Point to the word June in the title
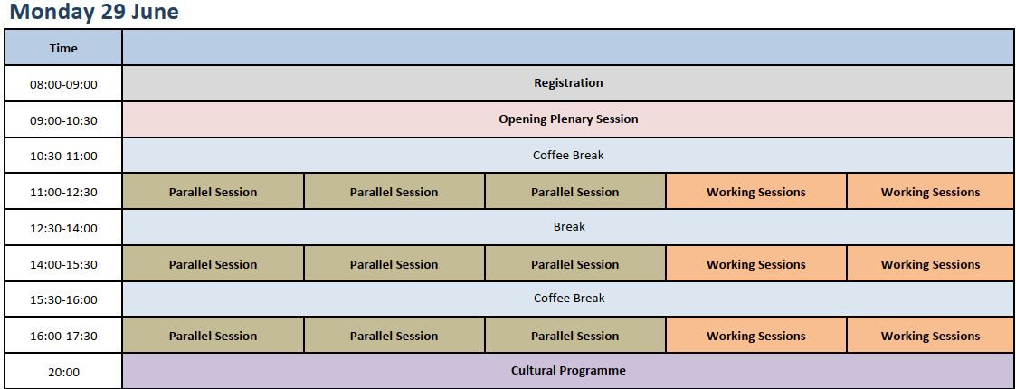pyautogui.click(x=156, y=12)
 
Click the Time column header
pyautogui.click(x=63, y=48)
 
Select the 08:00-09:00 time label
pyautogui.click(x=63, y=84)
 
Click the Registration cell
pyautogui.click(x=568, y=83)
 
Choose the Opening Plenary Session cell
pyautogui.click(x=568, y=119)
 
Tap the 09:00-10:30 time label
pyautogui.click(x=63, y=120)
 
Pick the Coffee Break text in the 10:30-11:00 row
pyautogui.click(x=568, y=156)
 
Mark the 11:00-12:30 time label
pyautogui.click(x=63, y=193)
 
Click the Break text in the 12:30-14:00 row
pyautogui.click(x=569, y=227)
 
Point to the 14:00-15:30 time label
pyautogui.click(x=63, y=264)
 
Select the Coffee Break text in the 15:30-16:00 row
pyautogui.click(x=569, y=299)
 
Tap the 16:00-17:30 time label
pyautogui.click(x=63, y=337)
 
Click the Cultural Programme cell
pyautogui.click(x=568, y=371)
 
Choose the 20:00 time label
pyautogui.click(x=63, y=373)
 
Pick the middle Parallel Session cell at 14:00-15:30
pyautogui.click(x=394, y=264)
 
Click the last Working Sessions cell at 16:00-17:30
pyautogui.click(x=930, y=336)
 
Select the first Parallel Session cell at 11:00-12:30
pyautogui.click(x=214, y=192)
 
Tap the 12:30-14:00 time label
pyautogui.click(x=63, y=229)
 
